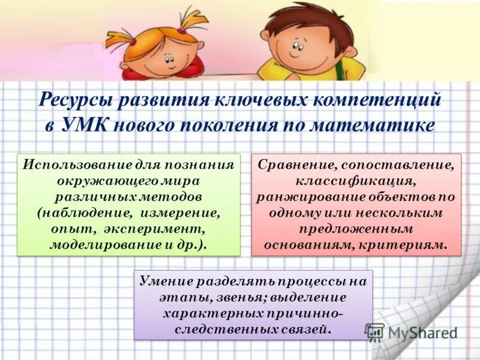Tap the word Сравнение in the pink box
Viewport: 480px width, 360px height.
291,164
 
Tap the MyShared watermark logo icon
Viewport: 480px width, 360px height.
374,332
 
